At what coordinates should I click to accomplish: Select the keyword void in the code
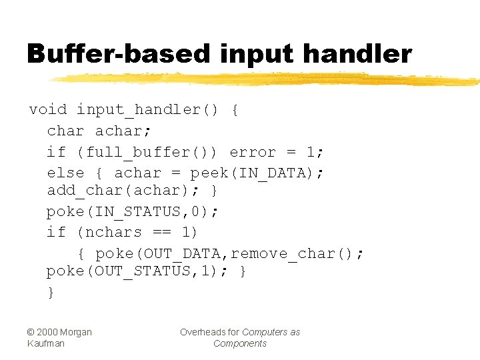(x=48, y=109)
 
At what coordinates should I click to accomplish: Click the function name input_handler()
(x=147, y=109)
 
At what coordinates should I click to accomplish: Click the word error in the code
(x=253, y=152)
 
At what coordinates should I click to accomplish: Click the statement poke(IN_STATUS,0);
(x=133, y=211)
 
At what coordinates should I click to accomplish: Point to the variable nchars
(x=114, y=232)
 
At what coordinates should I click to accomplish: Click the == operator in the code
(x=161, y=232)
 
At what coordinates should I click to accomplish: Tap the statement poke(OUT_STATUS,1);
(x=137, y=271)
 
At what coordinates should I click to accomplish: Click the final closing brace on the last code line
(x=51, y=292)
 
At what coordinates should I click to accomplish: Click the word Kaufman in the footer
(x=47, y=343)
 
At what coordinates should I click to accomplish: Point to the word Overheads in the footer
(x=201, y=332)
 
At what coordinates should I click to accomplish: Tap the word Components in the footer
(x=240, y=343)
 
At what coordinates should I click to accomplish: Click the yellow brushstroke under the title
(x=267, y=79)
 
